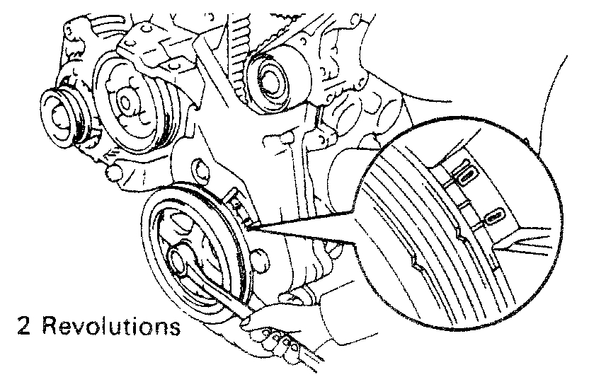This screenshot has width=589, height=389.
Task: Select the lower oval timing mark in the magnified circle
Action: point(495,214)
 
